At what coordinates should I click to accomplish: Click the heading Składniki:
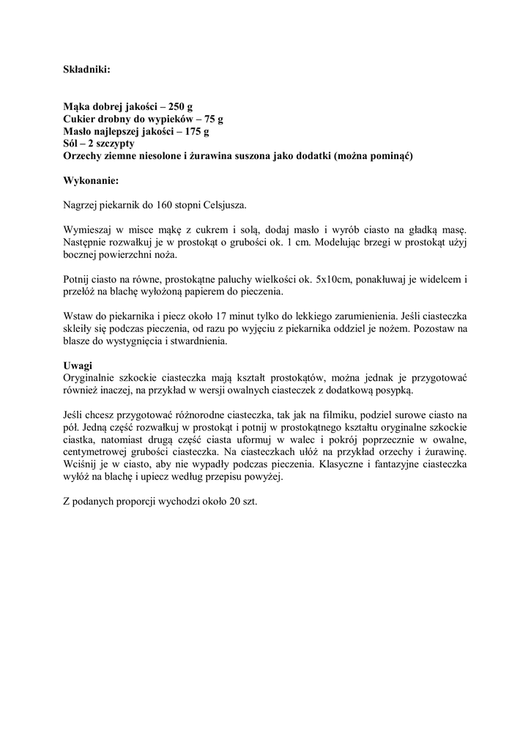pyautogui.click(x=86, y=70)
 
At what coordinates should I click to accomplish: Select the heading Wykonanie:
pyautogui.click(x=91, y=179)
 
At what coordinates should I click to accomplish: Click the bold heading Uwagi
pyautogui.click(x=77, y=365)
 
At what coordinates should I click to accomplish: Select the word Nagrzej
pyautogui.click(x=81, y=204)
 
